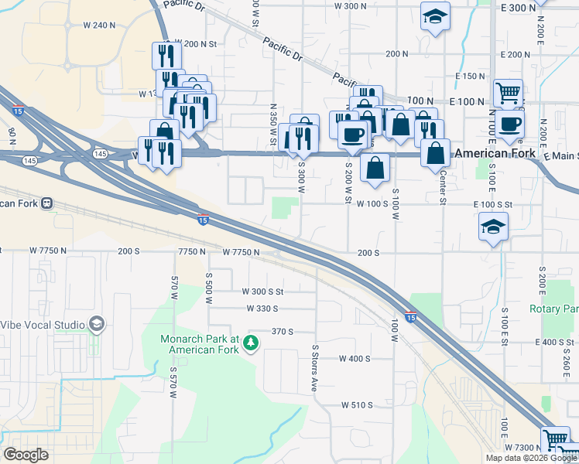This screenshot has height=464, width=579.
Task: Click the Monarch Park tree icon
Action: pyautogui.click(x=251, y=342)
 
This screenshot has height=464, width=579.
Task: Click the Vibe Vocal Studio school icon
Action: pyautogui.click(x=97, y=323)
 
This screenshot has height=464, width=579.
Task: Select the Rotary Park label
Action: pyautogui.click(x=553, y=309)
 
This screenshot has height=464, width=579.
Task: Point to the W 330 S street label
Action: pyautogui.click(x=262, y=309)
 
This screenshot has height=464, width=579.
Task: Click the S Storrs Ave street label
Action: pyautogui.click(x=314, y=370)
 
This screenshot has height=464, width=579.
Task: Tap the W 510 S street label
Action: pyautogui.click(x=357, y=405)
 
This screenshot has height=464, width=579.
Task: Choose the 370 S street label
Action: pyautogui.click(x=282, y=331)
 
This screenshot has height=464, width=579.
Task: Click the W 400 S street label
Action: pyautogui.click(x=355, y=359)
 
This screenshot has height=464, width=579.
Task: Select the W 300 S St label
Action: pyautogui.click(x=263, y=292)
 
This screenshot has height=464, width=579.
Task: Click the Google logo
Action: pyautogui.click(x=26, y=455)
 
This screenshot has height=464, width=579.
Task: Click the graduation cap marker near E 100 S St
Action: pyautogui.click(x=493, y=227)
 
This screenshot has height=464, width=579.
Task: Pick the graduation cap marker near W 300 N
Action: pyautogui.click(x=435, y=15)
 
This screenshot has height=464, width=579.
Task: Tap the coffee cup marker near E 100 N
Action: pyautogui.click(x=509, y=125)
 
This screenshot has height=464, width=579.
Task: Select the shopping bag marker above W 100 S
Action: pyautogui.click(x=375, y=168)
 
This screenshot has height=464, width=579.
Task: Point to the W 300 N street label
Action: pyautogui.click(x=350, y=6)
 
